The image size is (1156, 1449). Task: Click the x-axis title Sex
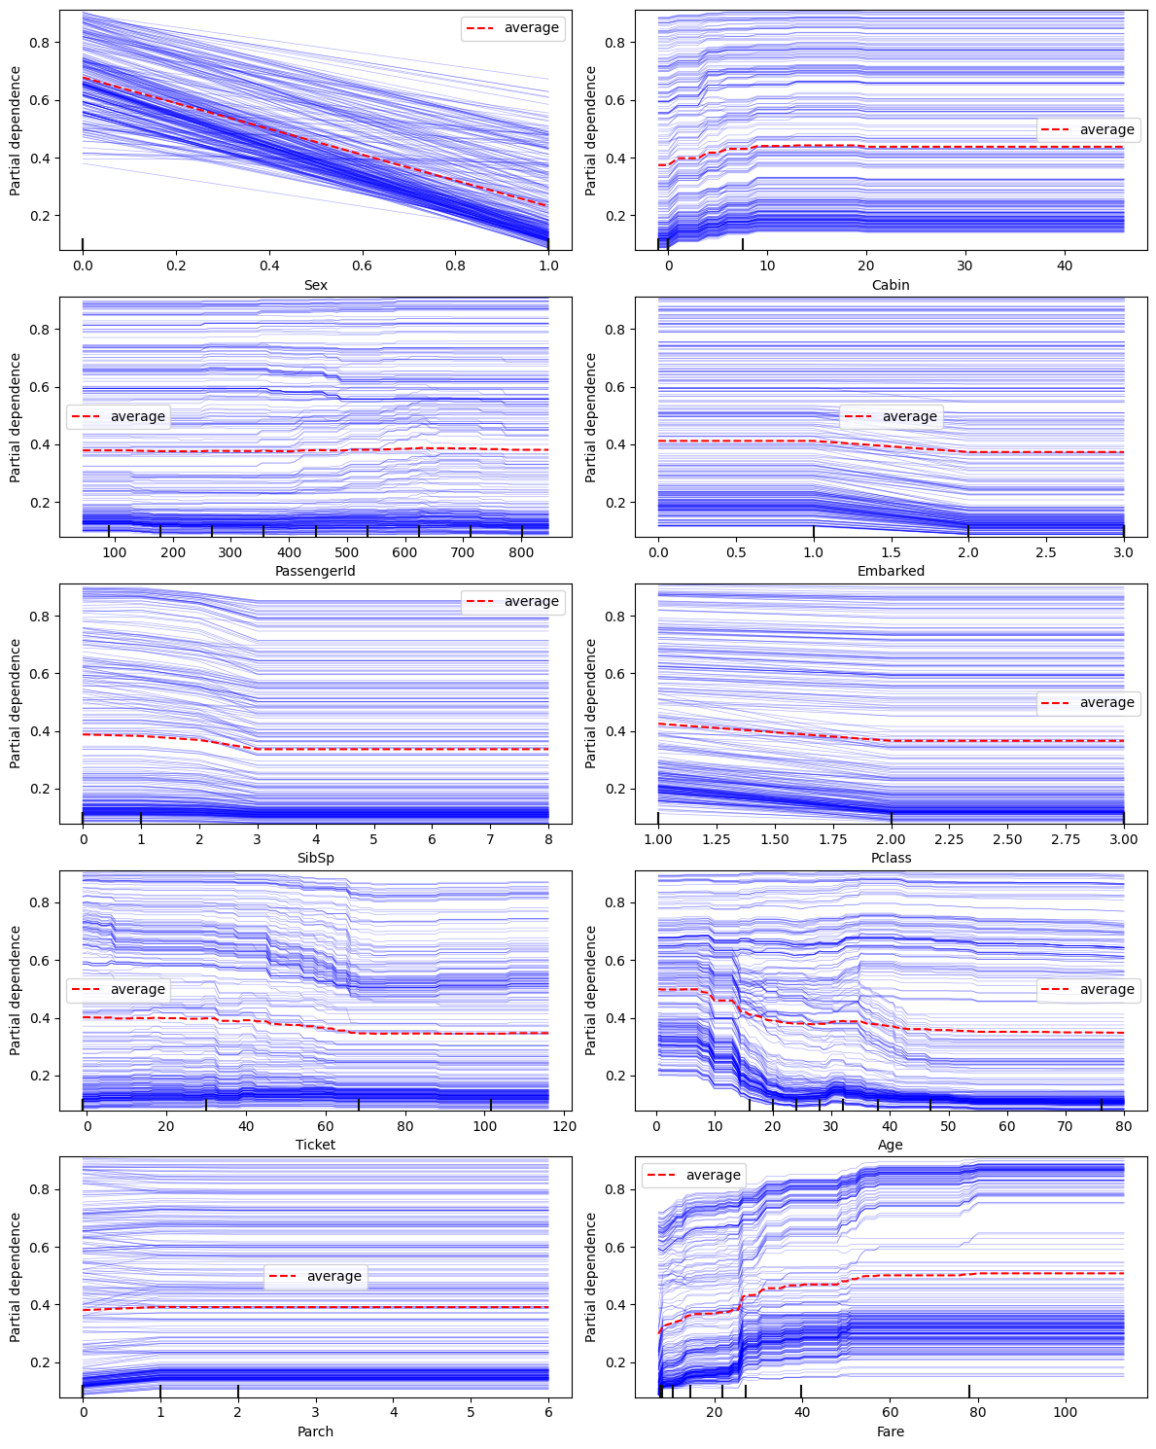tap(315, 285)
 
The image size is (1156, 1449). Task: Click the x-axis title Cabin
tap(891, 285)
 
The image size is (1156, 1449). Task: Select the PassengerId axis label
tap(315, 571)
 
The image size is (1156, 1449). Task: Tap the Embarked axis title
tap(891, 571)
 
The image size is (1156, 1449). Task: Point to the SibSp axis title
tap(315, 858)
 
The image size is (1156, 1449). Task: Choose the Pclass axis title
tap(891, 858)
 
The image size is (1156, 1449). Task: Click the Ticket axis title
tap(315, 1145)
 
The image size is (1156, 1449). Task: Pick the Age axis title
tap(891, 1145)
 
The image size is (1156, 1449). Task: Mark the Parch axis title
tap(315, 1431)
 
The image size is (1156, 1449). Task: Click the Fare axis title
tap(891, 1431)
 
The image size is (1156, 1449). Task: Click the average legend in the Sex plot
tap(512, 28)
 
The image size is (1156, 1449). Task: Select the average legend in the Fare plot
tap(694, 1175)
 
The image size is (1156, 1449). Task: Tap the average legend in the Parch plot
tap(315, 1276)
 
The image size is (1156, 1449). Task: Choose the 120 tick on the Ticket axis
tap(564, 1126)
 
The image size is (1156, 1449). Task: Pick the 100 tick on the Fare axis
tap(1065, 1412)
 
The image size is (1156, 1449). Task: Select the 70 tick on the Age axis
tap(1066, 1126)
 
